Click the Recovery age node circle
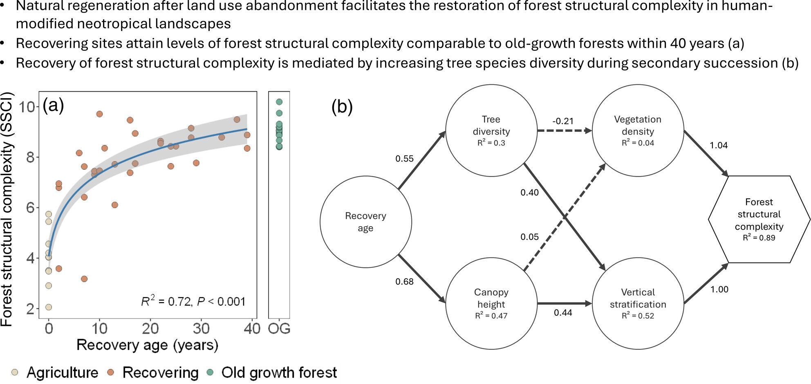(365, 222)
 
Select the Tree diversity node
(491, 130)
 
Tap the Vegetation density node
(638, 130)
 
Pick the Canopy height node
(491, 303)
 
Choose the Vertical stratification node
(638, 303)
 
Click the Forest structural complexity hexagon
(759, 219)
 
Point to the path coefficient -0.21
(563, 121)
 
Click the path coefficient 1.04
(719, 145)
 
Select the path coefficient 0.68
(404, 281)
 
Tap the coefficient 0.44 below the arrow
(563, 313)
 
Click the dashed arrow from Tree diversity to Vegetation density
(564, 131)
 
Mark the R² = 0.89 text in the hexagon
(759, 238)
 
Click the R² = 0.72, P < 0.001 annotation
(193, 301)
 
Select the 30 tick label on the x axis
(201, 328)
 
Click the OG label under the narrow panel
(279, 328)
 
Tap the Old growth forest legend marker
(210, 373)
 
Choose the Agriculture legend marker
(15, 373)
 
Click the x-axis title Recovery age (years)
(147, 345)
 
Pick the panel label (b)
(342, 106)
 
